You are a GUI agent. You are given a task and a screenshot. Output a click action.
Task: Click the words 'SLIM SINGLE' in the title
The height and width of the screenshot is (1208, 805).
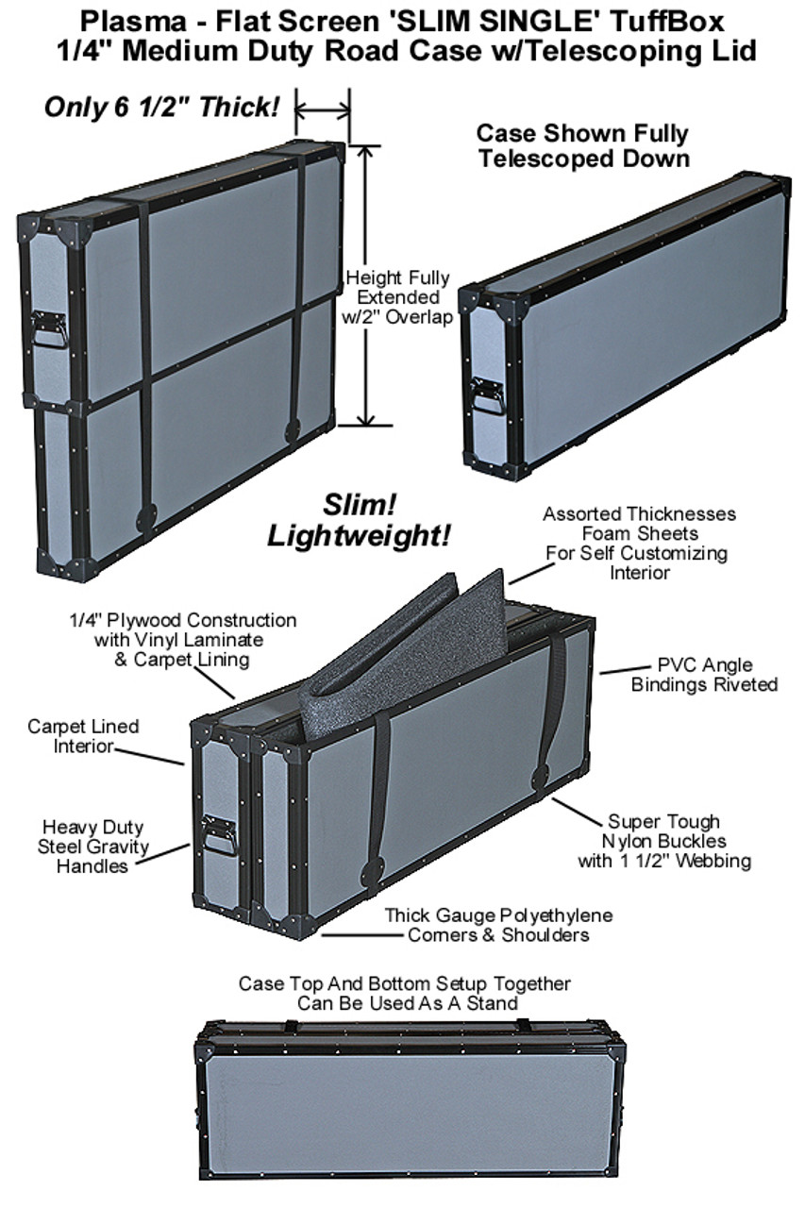point(492,21)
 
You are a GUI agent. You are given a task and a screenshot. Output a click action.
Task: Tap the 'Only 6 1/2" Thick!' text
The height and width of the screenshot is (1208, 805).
point(162,107)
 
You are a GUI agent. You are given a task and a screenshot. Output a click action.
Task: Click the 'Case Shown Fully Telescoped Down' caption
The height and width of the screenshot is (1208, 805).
point(582,145)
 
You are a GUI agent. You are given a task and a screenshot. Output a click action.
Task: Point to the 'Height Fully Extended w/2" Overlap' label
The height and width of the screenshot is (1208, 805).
point(396,297)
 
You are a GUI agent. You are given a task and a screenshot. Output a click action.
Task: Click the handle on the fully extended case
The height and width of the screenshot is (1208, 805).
point(49,329)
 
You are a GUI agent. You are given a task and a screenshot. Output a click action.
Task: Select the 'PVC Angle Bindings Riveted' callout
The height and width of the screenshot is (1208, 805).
point(704,674)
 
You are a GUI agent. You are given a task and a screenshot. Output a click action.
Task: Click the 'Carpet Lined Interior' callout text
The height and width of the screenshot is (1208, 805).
point(83,736)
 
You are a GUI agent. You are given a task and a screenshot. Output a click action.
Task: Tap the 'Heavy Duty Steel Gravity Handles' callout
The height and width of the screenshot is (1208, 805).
point(93,846)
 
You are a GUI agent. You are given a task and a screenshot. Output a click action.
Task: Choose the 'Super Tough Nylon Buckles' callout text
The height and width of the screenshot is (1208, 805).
point(664,840)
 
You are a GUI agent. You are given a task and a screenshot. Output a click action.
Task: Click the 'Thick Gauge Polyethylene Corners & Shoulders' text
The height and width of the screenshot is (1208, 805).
point(498,925)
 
